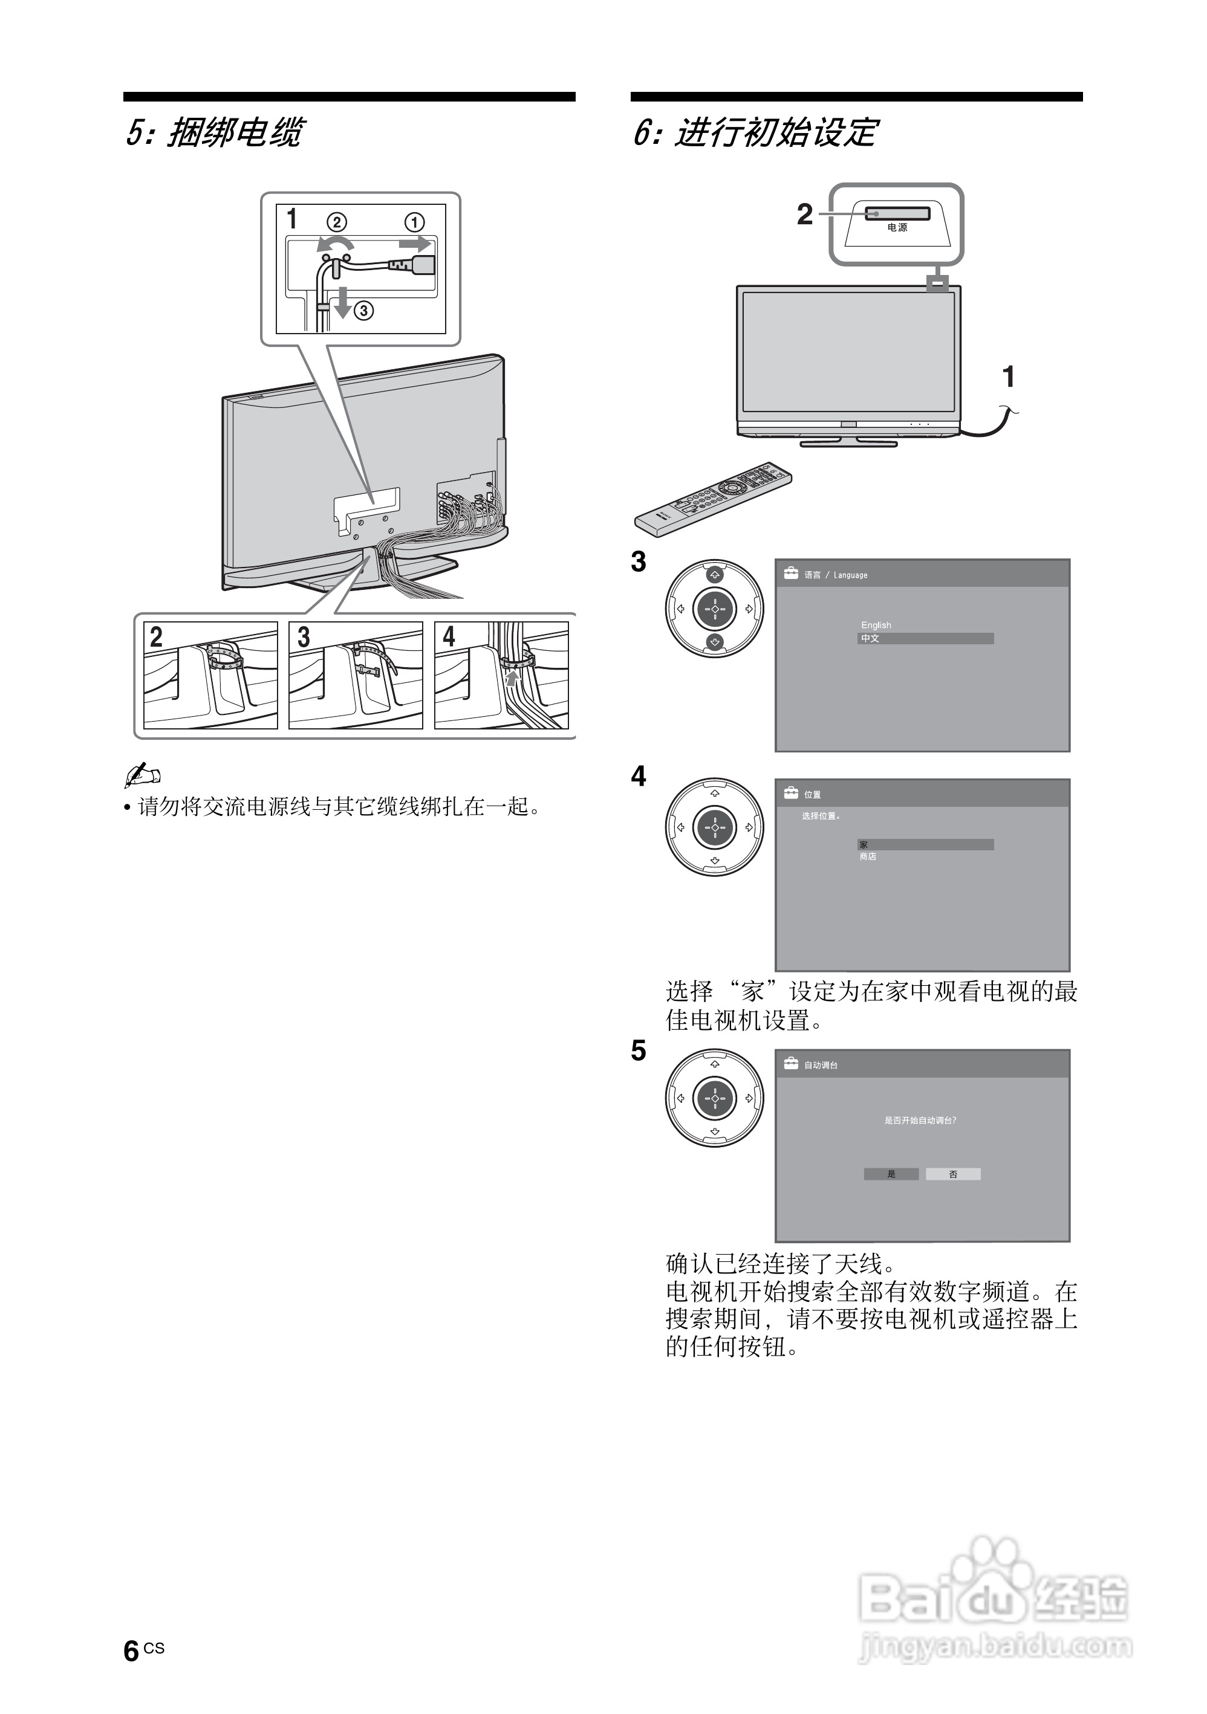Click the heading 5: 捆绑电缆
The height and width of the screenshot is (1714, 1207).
point(213,133)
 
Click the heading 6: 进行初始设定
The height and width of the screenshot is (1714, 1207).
point(755,133)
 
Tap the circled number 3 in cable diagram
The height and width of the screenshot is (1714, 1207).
point(364,311)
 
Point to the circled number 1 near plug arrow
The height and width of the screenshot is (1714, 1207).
point(415,222)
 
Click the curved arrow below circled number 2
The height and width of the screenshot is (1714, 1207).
point(333,244)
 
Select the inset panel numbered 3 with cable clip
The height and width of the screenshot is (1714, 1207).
point(356,675)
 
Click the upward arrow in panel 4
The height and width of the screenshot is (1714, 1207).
point(512,677)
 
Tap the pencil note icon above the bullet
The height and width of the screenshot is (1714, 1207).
point(142,775)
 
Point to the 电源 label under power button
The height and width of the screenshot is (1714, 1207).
point(897,228)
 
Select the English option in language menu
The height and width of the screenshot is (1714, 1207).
point(876,625)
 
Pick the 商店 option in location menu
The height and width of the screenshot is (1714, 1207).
point(868,856)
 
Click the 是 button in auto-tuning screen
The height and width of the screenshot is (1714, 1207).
point(891,1174)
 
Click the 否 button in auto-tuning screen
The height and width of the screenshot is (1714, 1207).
point(953,1174)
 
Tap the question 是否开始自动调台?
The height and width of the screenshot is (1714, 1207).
point(920,1120)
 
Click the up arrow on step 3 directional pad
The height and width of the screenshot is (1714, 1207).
point(715,575)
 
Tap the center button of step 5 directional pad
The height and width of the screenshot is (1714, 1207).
point(715,1098)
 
